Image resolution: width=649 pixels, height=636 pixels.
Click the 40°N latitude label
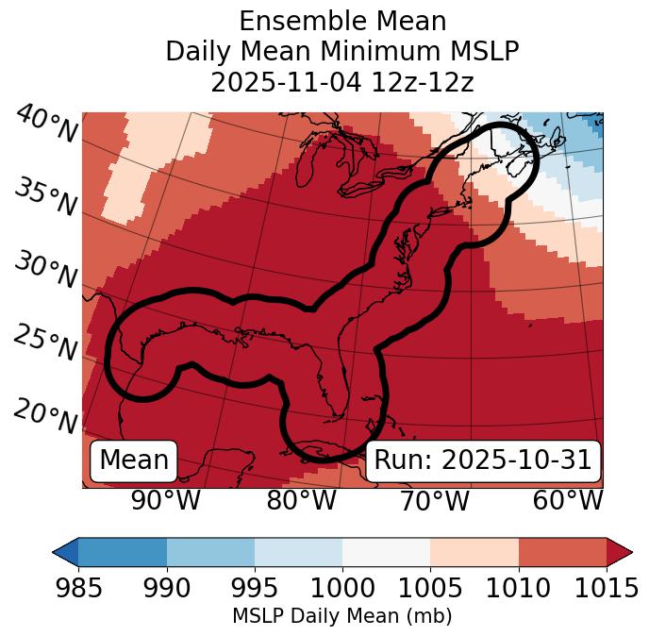pos(46,125)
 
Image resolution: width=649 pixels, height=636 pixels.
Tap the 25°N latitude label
pos(45,343)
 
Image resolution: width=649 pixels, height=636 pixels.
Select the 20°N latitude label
pos(45,414)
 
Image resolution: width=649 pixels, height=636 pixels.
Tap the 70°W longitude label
pos(435,501)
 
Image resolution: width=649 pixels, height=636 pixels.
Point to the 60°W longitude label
pos(568,501)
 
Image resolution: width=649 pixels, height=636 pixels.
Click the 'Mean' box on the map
pos(134,460)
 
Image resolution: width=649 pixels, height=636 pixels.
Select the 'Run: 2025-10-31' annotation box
pos(483,460)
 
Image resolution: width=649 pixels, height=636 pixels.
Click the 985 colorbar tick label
pos(78,589)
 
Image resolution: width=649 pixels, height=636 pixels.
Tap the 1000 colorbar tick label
pos(342,589)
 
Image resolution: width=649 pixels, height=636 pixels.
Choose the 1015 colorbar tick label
pos(606,589)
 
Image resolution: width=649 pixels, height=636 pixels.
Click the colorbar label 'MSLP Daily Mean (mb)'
pos(341,617)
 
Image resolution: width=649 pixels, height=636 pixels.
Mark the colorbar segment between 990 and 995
pos(210,552)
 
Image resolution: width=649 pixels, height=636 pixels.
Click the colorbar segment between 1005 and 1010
pos(474,552)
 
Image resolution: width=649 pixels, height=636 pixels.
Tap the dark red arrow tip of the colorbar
pos(621,552)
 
